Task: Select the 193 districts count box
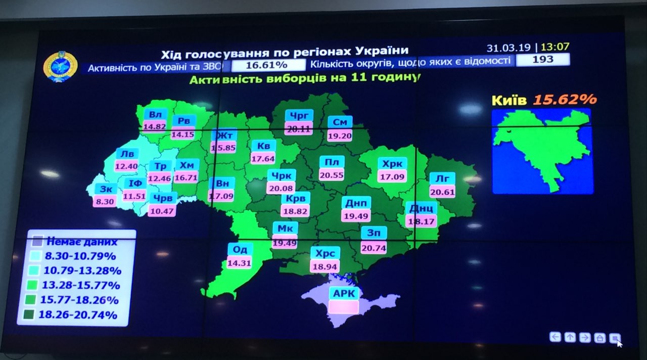542,60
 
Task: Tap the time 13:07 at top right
555,47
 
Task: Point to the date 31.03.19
509,48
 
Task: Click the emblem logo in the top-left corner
60,66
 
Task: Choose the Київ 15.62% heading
543,100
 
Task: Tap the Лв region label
126,154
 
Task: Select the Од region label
240,250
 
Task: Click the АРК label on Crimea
344,294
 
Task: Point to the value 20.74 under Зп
374,247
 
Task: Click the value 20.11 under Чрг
298,128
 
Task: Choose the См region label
340,122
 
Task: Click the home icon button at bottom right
599,337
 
